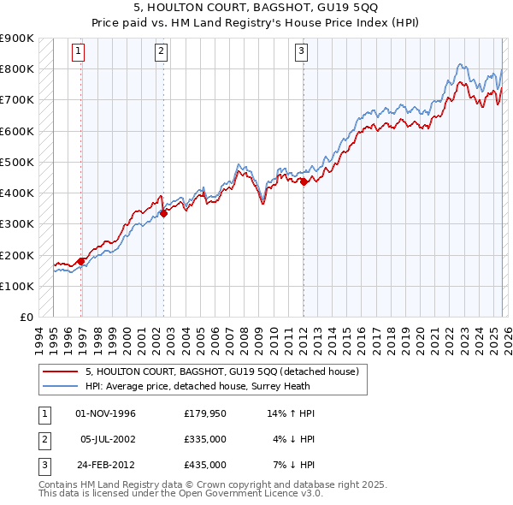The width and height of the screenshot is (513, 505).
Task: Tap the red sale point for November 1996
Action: [x=81, y=261]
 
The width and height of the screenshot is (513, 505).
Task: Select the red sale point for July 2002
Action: [x=163, y=214]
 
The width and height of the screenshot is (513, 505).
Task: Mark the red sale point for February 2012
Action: [x=304, y=181]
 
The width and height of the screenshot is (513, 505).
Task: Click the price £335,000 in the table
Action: [x=204, y=439]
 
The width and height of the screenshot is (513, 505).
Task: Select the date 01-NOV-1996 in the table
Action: [x=106, y=413]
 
